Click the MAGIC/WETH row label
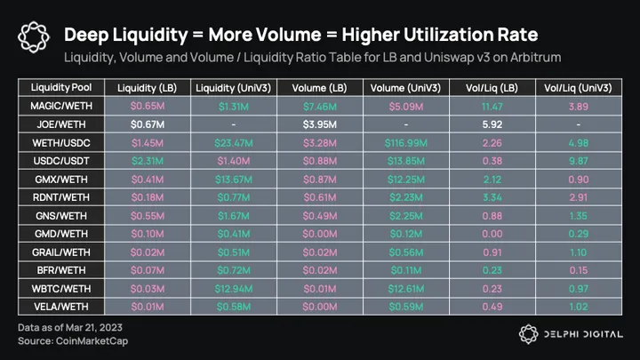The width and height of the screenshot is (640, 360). [x=60, y=106]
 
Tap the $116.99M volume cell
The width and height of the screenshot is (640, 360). [x=408, y=141]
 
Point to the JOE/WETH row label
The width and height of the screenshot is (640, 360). [x=60, y=124]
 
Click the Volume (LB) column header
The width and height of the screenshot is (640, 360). [x=319, y=88]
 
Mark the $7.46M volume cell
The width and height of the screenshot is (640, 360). [x=319, y=106]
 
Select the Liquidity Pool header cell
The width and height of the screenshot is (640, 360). [x=60, y=88]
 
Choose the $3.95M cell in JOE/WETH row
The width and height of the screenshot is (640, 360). [x=319, y=124]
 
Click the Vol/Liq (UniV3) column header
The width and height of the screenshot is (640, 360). [x=579, y=88]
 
